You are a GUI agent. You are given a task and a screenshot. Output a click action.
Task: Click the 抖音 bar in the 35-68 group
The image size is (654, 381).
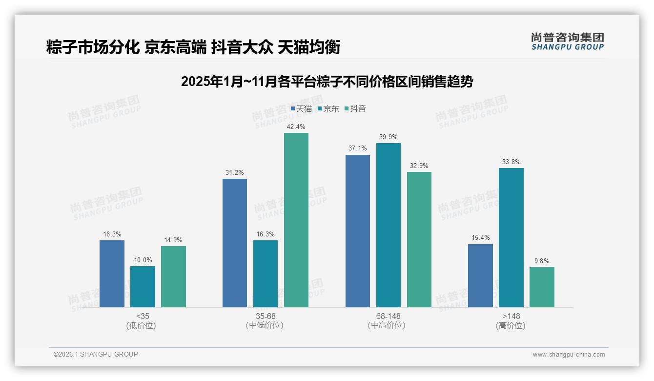296,220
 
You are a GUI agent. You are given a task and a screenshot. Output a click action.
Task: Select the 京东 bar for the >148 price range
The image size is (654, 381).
511,237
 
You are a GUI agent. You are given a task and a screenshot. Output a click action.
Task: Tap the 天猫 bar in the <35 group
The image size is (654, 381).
112,274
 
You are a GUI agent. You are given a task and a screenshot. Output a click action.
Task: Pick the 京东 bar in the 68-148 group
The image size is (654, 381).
388,225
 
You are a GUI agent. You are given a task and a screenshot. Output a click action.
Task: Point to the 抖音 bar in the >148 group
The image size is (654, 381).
542,287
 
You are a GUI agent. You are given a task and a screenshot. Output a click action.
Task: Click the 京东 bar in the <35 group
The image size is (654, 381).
143,286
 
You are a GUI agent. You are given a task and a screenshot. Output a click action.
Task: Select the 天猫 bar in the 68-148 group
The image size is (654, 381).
358,231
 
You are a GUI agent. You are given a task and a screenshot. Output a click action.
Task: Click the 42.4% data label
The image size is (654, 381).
296,127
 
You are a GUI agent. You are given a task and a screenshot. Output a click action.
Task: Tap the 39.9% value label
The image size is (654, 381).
388,137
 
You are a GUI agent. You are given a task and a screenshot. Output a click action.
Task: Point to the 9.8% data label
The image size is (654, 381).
542,261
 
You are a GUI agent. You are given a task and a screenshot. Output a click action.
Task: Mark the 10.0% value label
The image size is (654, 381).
143,260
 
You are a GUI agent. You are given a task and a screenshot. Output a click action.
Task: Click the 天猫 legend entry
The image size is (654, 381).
301,109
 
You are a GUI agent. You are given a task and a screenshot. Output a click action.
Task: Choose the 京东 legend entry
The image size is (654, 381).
328,109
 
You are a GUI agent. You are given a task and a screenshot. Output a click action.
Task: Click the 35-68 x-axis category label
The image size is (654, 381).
265,316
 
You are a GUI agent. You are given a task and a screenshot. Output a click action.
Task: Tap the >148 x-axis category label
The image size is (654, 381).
511,316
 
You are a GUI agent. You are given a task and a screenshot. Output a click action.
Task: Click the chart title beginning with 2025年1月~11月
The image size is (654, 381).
327,82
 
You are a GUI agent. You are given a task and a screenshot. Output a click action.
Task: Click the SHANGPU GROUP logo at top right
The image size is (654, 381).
567,41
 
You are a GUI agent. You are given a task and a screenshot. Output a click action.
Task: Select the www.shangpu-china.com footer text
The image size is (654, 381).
569,355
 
